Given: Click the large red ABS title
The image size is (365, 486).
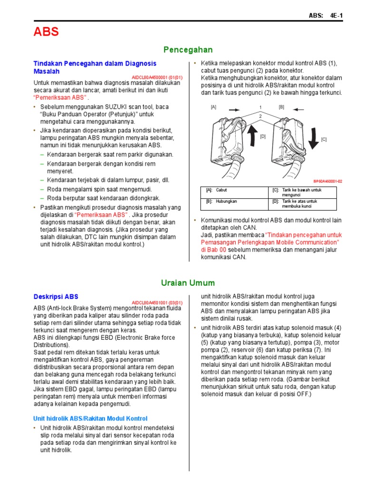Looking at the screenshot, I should click(46, 32).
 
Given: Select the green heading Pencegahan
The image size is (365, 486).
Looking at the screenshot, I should click(188, 50).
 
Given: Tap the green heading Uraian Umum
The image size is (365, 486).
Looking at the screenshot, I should click(188, 283).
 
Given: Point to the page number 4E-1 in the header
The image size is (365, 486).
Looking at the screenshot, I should click(336, 16).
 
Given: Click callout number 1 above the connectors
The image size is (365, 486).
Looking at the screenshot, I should click(260, 107).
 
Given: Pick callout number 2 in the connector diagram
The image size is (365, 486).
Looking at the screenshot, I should click(260, 116).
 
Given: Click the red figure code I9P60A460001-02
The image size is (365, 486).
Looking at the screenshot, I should click(327, 181).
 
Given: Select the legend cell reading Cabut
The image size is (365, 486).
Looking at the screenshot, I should click(221, 190).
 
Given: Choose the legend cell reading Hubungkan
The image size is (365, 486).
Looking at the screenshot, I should click(226, 201).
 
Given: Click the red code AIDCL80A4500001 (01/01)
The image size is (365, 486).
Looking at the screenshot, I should click(157, 77).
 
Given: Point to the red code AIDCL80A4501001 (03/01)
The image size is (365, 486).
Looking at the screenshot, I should click(157, 302).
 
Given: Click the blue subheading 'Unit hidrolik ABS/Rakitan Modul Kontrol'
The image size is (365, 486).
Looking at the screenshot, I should click(90, 418).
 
